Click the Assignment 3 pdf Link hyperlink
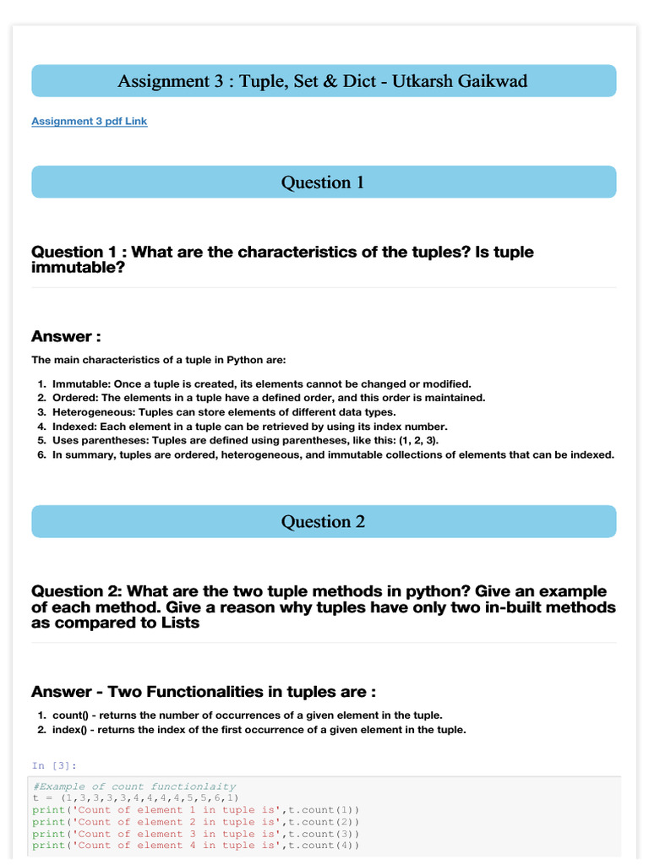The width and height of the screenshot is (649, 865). [89, 121]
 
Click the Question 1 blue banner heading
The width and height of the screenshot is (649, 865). [324, 182]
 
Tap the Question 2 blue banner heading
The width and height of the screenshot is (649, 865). [324, 522]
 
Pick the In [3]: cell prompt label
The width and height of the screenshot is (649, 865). [54, 765]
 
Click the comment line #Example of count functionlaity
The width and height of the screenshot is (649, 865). [134, 786]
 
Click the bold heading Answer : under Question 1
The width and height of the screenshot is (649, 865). [66, 337]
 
